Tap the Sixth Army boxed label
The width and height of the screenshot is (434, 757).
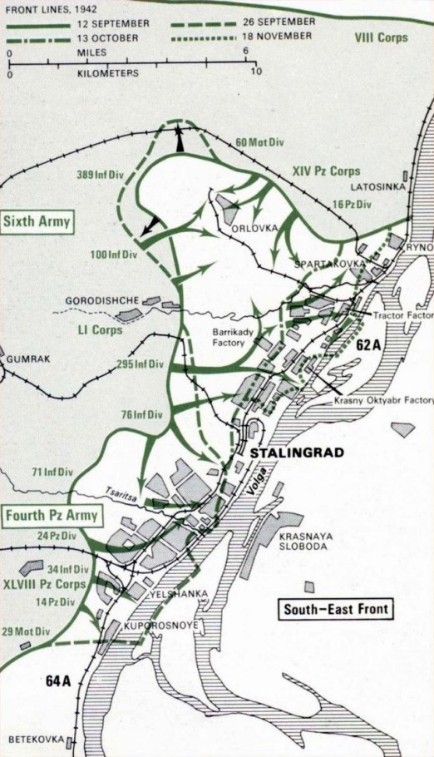coord(37,220)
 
